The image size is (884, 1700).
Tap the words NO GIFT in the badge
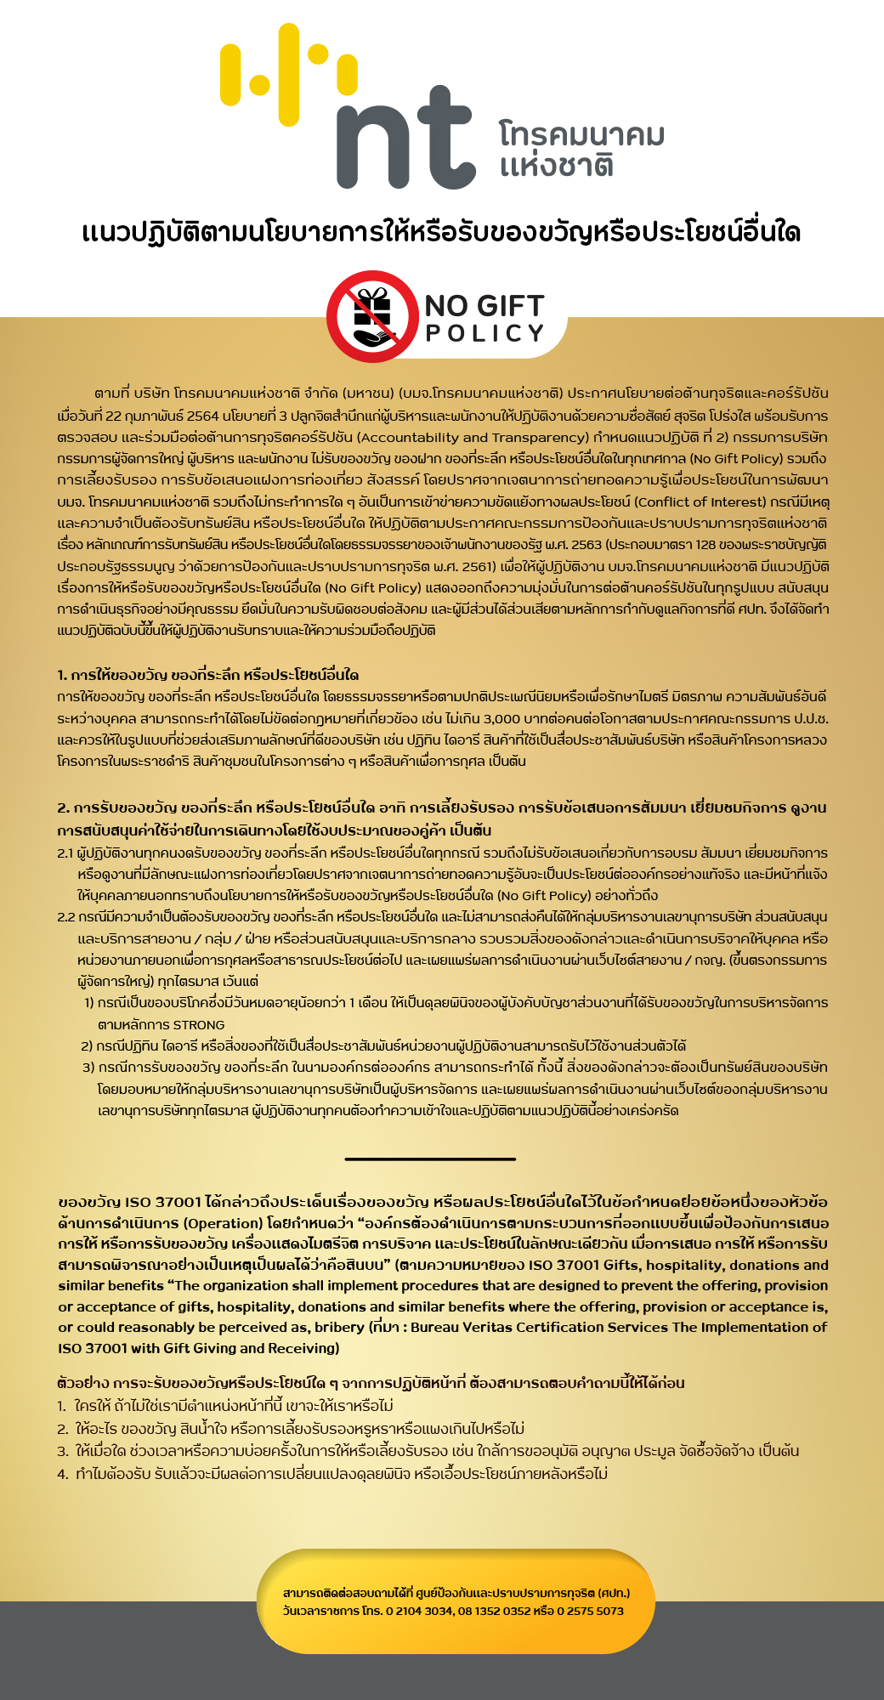(484, 306)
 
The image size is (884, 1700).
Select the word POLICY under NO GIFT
(484, 333)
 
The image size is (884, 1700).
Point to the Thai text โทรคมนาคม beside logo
(581, 134)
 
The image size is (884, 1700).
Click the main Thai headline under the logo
(441, 232)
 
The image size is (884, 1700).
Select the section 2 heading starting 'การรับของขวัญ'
(441, 818)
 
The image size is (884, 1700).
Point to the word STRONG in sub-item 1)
(199, 1025)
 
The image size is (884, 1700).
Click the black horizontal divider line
(430, 1159)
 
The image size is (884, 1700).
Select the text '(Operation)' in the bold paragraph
(223, 1223)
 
